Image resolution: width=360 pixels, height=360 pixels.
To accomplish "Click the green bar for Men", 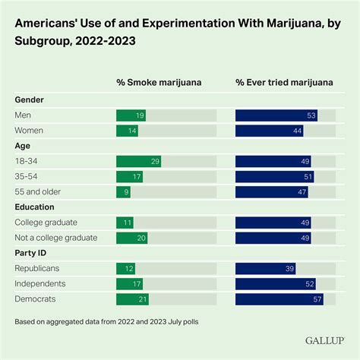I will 131,115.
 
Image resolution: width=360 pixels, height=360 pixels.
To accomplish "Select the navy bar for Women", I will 270,131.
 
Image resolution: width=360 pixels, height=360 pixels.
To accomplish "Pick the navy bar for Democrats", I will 279,299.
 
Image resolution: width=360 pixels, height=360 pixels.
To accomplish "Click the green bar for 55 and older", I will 123,192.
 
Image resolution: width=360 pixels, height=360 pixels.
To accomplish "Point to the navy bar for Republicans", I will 265,269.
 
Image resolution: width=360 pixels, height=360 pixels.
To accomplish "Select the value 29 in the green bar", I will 155,162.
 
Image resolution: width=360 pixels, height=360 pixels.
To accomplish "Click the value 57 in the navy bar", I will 317,299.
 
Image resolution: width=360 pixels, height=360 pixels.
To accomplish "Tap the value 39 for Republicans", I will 289,269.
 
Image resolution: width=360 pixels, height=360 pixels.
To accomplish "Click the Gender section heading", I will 29,99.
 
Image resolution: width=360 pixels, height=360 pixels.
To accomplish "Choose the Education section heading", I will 35,207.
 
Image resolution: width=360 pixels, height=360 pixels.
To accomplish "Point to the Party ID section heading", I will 32,253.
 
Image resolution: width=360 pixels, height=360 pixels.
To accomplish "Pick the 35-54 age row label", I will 28,177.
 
